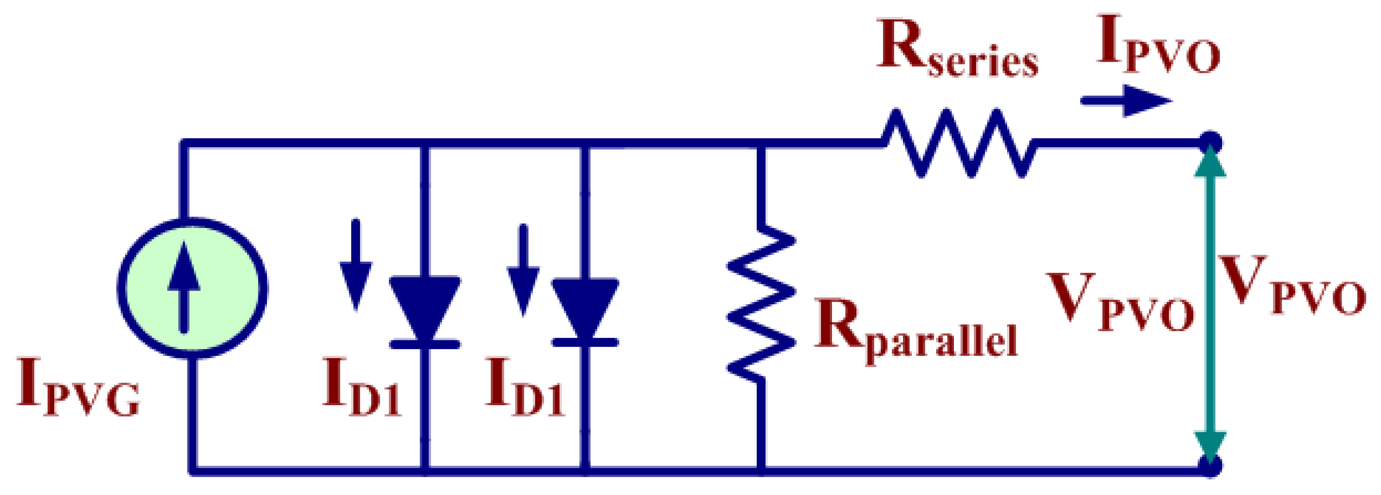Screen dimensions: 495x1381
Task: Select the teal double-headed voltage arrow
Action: (x=1210, y=304)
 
